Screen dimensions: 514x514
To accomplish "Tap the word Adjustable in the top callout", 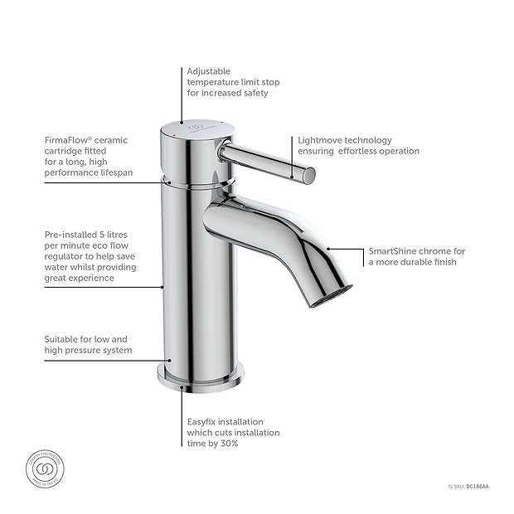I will (x=209, y=71).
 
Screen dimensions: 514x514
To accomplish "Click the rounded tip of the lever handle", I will (x=310, y=174).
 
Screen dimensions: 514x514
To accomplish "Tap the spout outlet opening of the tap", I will (x=332, y=296).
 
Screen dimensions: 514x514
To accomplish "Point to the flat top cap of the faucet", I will (x=187, y=127).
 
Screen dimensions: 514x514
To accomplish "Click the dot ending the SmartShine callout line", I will (x=329, y=248).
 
